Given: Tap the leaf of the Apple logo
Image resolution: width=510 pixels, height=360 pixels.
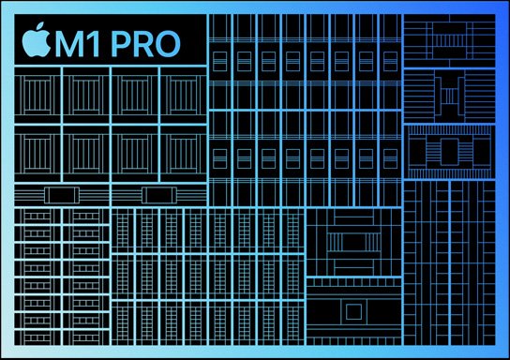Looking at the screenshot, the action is tap(39, 29).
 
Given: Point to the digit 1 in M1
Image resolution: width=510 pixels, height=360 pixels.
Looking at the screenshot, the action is tap(97, 42).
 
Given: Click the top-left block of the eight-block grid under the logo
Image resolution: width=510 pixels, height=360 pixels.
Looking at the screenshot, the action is tap(38, 95).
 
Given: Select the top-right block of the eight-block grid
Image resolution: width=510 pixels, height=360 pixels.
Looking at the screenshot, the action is tap(181, 95).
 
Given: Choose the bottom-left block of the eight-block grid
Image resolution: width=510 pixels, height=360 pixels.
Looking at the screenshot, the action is tap(38, 154).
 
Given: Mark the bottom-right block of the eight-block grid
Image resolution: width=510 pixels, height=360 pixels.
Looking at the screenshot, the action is tap(181, 154).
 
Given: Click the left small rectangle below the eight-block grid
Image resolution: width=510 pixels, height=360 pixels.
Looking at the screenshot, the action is tap(62, 195).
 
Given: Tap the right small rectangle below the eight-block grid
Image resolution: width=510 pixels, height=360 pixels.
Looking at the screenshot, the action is tap(157, 195).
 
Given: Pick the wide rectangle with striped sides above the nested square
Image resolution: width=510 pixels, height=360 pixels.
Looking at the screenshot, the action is tap(352, 242).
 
